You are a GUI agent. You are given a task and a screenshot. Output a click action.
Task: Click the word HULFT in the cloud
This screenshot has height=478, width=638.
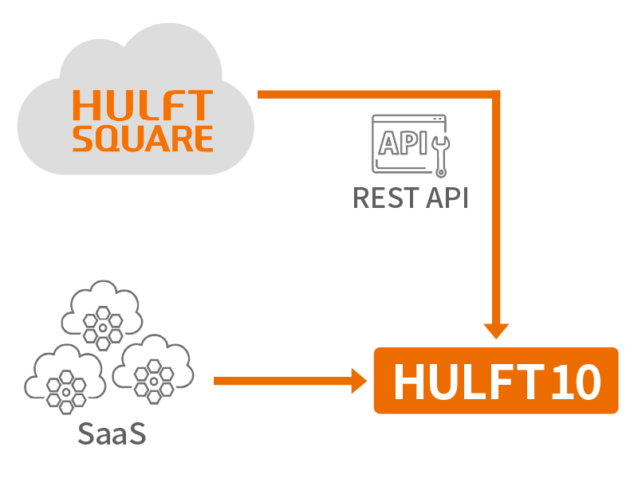point(143,105)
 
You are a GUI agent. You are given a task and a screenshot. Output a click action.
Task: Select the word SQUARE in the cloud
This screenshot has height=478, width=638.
point(143,138)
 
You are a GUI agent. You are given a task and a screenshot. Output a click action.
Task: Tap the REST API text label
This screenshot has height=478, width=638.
point(410,197)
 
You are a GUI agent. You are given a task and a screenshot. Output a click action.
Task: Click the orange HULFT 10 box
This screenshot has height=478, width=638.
point(496,381)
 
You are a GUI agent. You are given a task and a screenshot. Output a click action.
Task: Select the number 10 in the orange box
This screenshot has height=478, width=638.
point(574,382)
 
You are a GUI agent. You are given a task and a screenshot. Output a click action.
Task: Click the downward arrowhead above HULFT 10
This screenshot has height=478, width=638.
point(497,330)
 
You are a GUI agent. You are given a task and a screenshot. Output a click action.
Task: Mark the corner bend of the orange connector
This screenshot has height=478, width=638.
point(496,95)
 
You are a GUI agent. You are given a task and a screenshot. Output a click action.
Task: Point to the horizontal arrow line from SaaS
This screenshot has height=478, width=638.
point(279,381)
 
